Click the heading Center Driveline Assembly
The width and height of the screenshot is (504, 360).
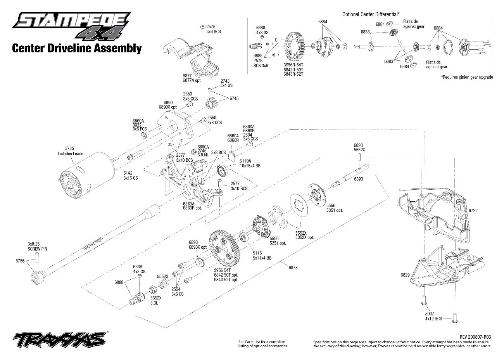(x=77, y=48)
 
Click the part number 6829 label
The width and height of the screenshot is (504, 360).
(x=405, y=275)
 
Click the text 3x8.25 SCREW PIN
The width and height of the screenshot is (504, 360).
(x=37, y=246)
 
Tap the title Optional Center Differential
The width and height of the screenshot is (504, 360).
(x=371, y=14)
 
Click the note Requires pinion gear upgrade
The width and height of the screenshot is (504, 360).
(x=467, y=77)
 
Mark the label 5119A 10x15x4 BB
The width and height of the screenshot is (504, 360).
(x=250, y=163)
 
